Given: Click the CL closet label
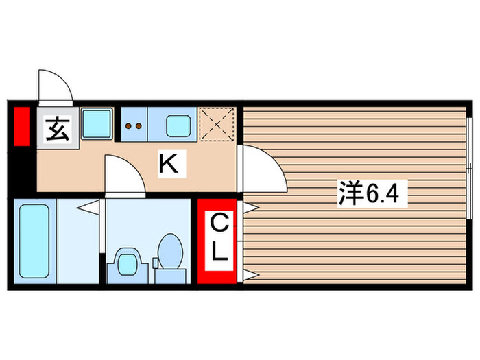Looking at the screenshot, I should tap(218, 238).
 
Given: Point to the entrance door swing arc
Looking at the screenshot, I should tap(55, 86).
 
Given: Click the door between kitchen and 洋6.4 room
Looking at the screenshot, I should tap(262, 171).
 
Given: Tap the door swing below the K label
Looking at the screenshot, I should tap(124, 176).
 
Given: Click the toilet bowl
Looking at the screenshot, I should tap(169, 252).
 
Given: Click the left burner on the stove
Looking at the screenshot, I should tap(128, 126).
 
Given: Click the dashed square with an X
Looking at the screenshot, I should tap(217, 124).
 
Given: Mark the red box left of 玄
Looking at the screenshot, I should tap(22, 126).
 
